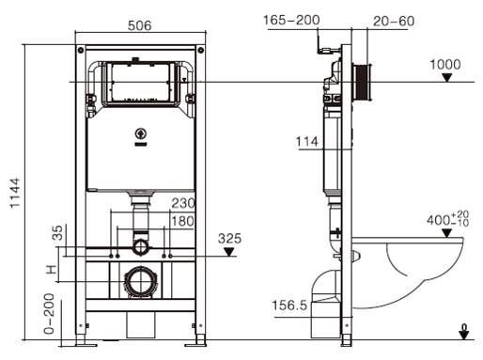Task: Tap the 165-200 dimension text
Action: pyautogui.click(x=291, y=18)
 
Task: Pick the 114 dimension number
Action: pyautogui.click(x=306, y=141)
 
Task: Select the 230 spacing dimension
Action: pyautogui.click(x=183, y=201)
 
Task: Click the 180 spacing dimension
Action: pyautogui.click(x=183, y=221)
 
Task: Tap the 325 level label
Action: pyautogui.click(x=229, y=239)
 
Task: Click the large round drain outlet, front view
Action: pyautogui.click(x=139, y=280)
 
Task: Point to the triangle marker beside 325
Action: pyautogui.click(x=228, y=253)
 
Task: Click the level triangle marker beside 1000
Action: pyautogui.click(x=447, y=78)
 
